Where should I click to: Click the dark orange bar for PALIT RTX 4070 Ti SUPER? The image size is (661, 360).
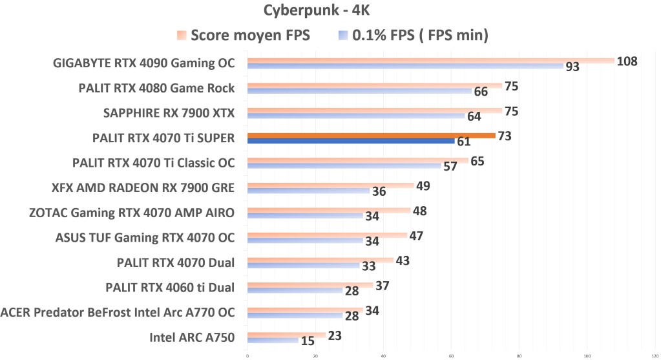point(371,136)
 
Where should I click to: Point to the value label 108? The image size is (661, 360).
point(627,61)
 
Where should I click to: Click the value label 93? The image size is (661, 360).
point(572,67)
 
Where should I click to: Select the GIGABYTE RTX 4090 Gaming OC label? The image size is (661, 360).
point(144,63)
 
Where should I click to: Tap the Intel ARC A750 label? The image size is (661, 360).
point(192,337)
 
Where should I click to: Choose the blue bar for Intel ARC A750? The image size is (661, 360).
point(273,340)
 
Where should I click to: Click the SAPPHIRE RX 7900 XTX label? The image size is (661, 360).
point(169,113)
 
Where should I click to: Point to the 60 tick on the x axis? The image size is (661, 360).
point(451,355)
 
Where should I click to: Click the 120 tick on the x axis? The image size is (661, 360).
point(655,355)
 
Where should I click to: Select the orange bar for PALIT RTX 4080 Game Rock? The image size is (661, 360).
point(374,85)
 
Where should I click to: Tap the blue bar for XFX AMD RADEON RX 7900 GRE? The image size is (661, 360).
point(308,191)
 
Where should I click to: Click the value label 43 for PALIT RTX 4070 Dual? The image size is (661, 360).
point(403,261)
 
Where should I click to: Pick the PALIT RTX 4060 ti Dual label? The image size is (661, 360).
point(170,287)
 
